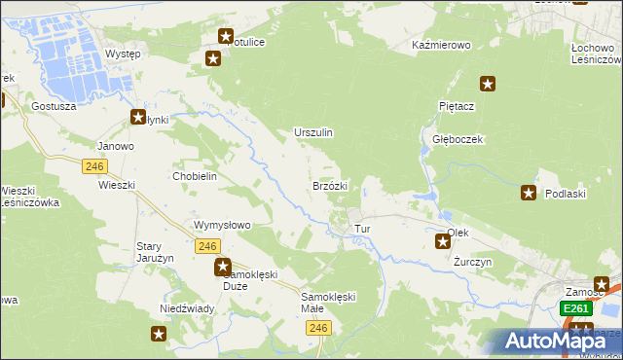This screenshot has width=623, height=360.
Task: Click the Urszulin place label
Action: click(x=313, y=132)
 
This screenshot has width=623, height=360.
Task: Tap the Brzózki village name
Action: click(x=330, y=185)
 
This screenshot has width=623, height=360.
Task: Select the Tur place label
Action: click(x=363, y=230)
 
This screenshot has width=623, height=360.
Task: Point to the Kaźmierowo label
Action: click(x=441, y=46)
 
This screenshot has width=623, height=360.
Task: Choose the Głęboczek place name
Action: click(x=458, y=139)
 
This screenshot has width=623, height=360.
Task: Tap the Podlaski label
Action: click(x=565, y=195)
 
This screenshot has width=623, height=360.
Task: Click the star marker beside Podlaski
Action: click(x=530, y=194)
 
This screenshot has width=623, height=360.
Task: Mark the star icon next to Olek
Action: click(x=442, y=240)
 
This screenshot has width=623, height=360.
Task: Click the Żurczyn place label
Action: click(x=473, y=263)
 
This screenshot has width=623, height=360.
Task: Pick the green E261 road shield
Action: click(x=575, y=308)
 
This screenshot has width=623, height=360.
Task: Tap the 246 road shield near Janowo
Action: click(x=94, y=167)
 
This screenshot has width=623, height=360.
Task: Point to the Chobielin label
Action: click(x=194, y=176)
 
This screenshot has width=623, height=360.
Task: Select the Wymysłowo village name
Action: click(x=223, y=225)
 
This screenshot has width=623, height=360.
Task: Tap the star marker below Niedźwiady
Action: click(x=159, y=335)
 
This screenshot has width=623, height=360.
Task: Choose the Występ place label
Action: click(x=123, y=54)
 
